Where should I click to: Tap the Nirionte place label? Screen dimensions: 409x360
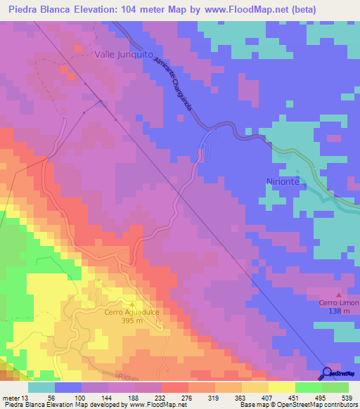click(x=283, y=181)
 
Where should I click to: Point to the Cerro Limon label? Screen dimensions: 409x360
click(x=339, y=303)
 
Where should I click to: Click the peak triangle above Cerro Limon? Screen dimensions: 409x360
click(x=340, y=294)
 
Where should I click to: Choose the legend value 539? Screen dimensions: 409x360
click(x=347, y=397)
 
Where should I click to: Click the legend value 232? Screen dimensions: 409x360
click(x=160, y=397)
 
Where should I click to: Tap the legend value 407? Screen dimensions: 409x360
click(x=268, y=397)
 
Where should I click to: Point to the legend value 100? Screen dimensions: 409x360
click(x=79, y=397)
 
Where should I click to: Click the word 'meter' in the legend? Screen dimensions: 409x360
click(x=11, y=397)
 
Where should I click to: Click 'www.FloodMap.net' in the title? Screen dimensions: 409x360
click(x=239, y=9)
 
